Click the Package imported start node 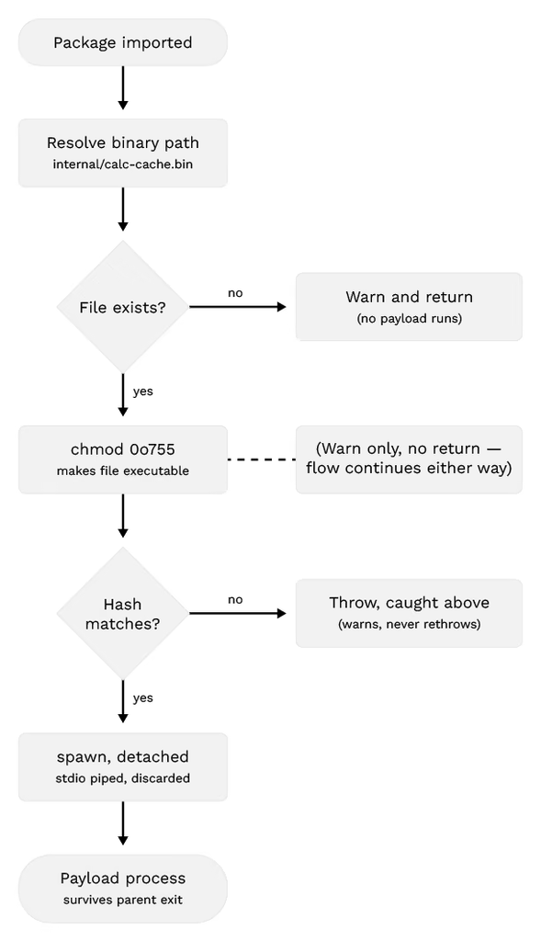coord(123,42)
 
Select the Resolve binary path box coord(123,153)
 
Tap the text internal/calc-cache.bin coord(123,164)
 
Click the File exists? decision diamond coord(123,307)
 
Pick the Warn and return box coord(409,307)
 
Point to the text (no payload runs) coord(409,318)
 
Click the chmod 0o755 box coord(123,459)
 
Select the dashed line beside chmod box coord(262,459)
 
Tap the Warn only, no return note coord(409,459)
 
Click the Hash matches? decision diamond coord(123,613)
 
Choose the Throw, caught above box coord(409,613)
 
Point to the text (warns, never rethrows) coord(409,624)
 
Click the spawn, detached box coord(123,766)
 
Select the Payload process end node coord(123,889)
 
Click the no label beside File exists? coord(235,293)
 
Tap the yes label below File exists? coord(142,391)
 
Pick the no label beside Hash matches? coord(235,599)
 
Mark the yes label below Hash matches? coord(142,698)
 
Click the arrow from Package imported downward coord(123,87)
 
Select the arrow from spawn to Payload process coord(123,822)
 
